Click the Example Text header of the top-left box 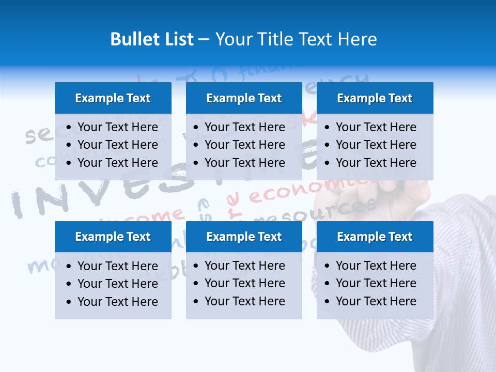(x=113, y=98)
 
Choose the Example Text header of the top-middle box (x=244, y=98)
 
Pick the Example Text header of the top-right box (x=375, y=98)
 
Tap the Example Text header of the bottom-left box (x=113, y=237)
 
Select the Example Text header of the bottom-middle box (x=244, y=237)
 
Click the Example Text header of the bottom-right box (x=375, y=237)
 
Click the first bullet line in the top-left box (x=117, y=127)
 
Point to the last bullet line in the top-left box (x=117, y=163)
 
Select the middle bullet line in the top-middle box (x=244, y=145)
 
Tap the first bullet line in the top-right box (x=376, y=127)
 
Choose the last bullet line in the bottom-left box (x=117, y=302)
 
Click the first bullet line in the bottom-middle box (x=244, y=266)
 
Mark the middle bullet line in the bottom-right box (x=376, y=283)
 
